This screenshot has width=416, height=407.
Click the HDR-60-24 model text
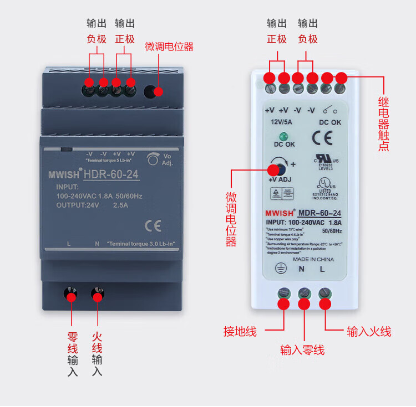click(111, 176)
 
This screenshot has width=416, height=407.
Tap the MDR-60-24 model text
click(319, 213)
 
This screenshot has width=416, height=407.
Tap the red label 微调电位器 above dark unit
click(169, 47)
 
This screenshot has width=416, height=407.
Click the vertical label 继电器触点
click(383, 123)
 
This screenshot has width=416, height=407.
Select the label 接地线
click(240, 332)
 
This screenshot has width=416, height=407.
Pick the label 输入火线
click(369, 332)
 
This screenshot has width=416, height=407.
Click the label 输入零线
click(302, 350)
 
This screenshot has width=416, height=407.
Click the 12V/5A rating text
click(282, 122)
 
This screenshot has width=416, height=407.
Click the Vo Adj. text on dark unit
click(168, 160)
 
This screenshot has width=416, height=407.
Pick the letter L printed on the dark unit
click(68, 244)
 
